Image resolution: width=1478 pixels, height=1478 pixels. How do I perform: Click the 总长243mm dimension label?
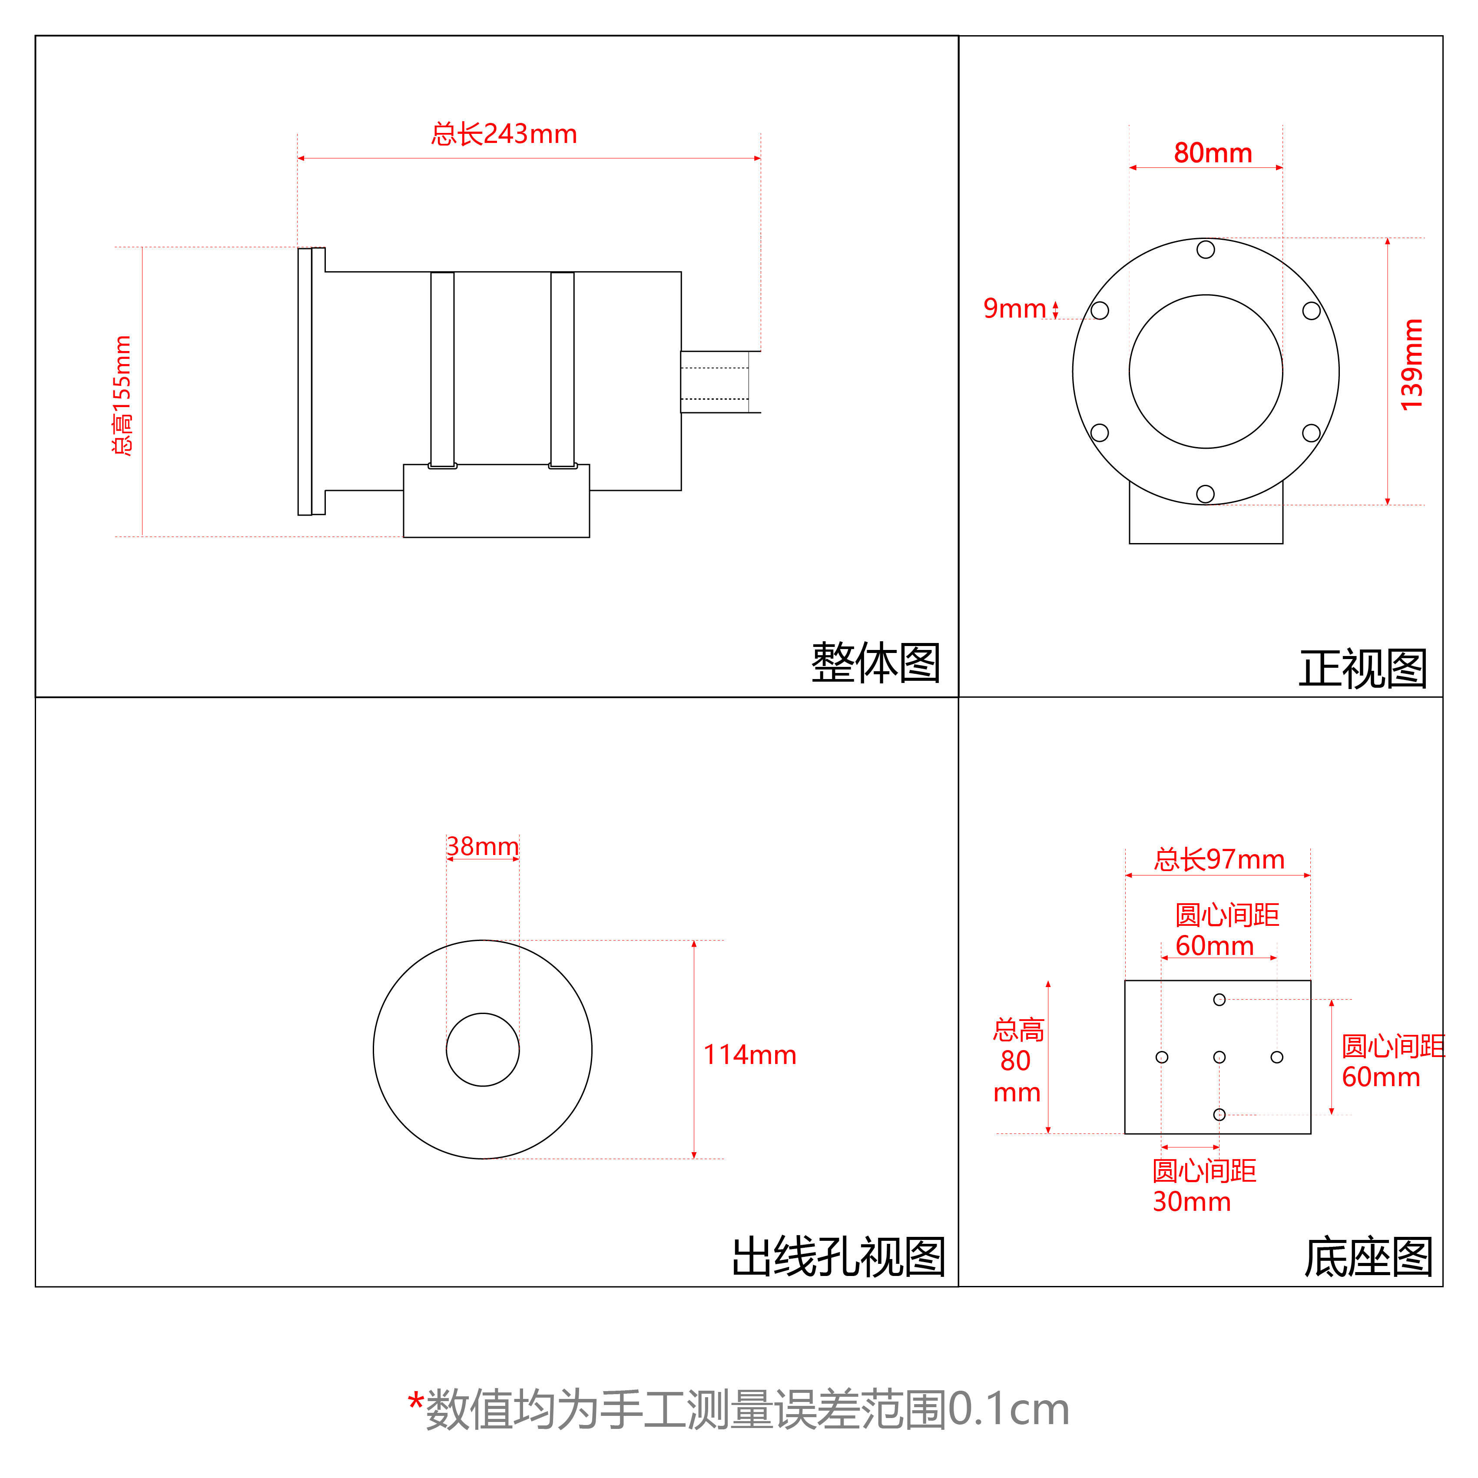tap(504, 135)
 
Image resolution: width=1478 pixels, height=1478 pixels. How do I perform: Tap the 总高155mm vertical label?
tap(123, 395)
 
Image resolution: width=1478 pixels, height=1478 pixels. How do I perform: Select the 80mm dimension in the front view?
tap(1213, 153)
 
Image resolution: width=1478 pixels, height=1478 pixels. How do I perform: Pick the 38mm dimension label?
tap(483, 846)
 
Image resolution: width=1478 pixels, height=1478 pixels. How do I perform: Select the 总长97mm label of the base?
tap(1219, 860)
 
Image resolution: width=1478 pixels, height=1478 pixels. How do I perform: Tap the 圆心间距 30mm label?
tap(1203, 1186)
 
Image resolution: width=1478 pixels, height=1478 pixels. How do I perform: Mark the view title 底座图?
tap(1368, 1257)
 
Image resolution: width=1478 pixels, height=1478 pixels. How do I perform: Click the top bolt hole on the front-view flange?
tap(1206, 249)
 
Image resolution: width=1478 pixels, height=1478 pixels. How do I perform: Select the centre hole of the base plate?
tap(1220, 1057)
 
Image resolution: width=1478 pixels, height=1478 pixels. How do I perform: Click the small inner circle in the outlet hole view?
tap(483, 1050)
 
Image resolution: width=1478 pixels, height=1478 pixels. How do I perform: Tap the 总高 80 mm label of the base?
tap(1017, 1061)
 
